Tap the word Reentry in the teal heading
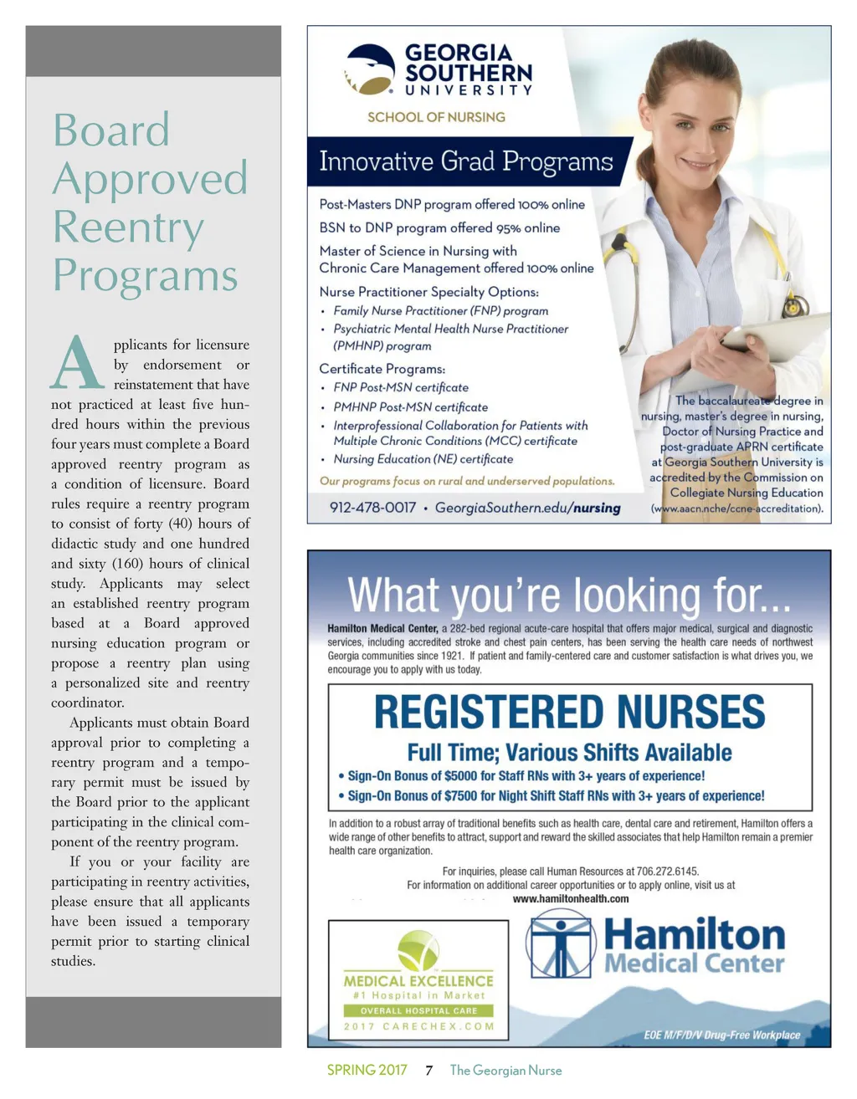click(128, 228)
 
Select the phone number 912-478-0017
click(372, 508)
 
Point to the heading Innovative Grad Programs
click(466, 161)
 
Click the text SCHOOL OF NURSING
click(436, 117)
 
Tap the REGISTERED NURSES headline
click(569, 712)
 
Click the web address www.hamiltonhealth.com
click(570, 899)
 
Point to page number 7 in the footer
click(428, 1071)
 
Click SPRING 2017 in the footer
click(367, 1071)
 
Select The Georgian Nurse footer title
click(505, 1071)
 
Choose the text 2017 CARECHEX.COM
click(418, 1026)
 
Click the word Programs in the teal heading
click(146, 277)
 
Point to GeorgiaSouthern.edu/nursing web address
click(527, 508)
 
